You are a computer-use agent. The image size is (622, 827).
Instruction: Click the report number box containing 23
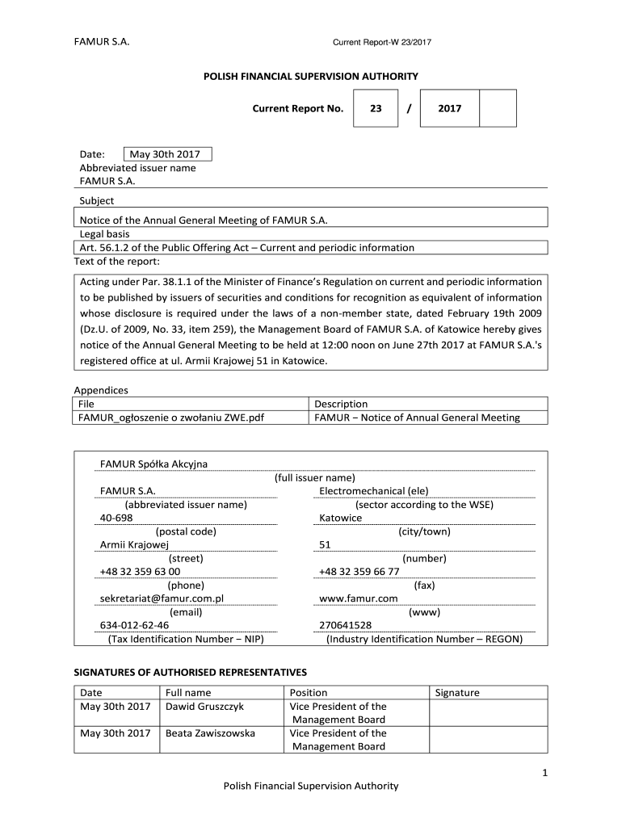[376, 108]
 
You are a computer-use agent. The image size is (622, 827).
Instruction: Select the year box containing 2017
[449, 108]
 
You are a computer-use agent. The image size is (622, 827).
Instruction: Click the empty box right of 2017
[498, 108]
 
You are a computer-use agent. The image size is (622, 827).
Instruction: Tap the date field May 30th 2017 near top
[168, 154]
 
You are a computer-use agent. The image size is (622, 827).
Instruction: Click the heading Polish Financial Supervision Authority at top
[310, 77]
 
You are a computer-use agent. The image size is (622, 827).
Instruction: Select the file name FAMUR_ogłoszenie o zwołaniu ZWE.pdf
[171, 418]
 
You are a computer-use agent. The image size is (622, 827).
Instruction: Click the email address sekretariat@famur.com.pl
[161, 598]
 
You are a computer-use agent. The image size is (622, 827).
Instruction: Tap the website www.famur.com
[359, 598]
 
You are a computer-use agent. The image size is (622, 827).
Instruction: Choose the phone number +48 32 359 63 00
[140, 571]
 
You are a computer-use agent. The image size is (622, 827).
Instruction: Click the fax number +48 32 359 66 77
[359, 571]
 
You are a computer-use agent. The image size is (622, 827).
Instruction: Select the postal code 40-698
[116, 518]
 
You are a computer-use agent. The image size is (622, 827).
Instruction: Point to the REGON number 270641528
[346, 625]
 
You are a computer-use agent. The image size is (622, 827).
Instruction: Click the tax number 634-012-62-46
[134, 625]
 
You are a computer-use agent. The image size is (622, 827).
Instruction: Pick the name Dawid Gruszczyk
[204, 706]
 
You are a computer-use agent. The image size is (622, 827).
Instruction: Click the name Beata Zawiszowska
[210, 733]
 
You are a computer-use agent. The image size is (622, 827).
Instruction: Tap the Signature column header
[457, 692]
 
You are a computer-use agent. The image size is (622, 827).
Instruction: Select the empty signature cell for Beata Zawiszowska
[488, 740]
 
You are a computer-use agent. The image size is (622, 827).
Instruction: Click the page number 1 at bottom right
[545, 774]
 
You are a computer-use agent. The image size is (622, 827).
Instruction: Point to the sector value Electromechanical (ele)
[374, 491]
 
